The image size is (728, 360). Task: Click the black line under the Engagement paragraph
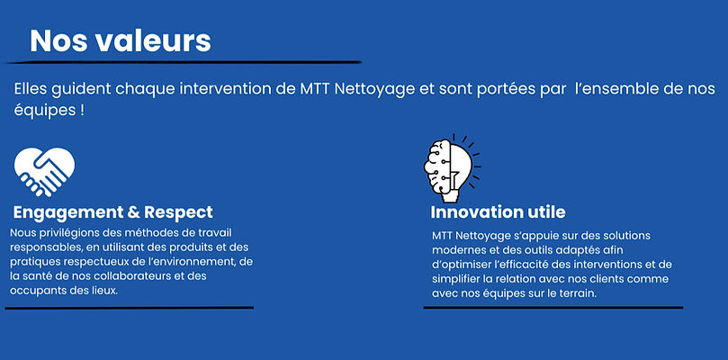tap(130, 308)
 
